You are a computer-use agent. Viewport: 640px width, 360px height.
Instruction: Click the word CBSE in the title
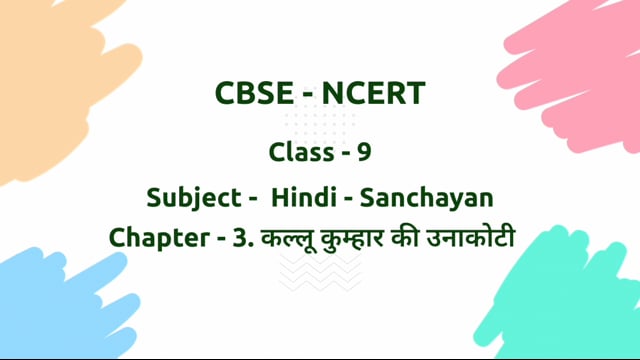pyautogui.click(x=250, y=94)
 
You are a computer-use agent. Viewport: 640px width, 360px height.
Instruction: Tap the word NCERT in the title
pyautogui.click(x=374, y=94)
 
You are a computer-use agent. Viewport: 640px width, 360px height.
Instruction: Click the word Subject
pyautogui.click(x=188, y=196)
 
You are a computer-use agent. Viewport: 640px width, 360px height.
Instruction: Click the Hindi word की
pyautogui.click(x=423, y=239)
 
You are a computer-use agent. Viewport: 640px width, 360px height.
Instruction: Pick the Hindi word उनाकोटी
pyautogui.click(x=486, y=239)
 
